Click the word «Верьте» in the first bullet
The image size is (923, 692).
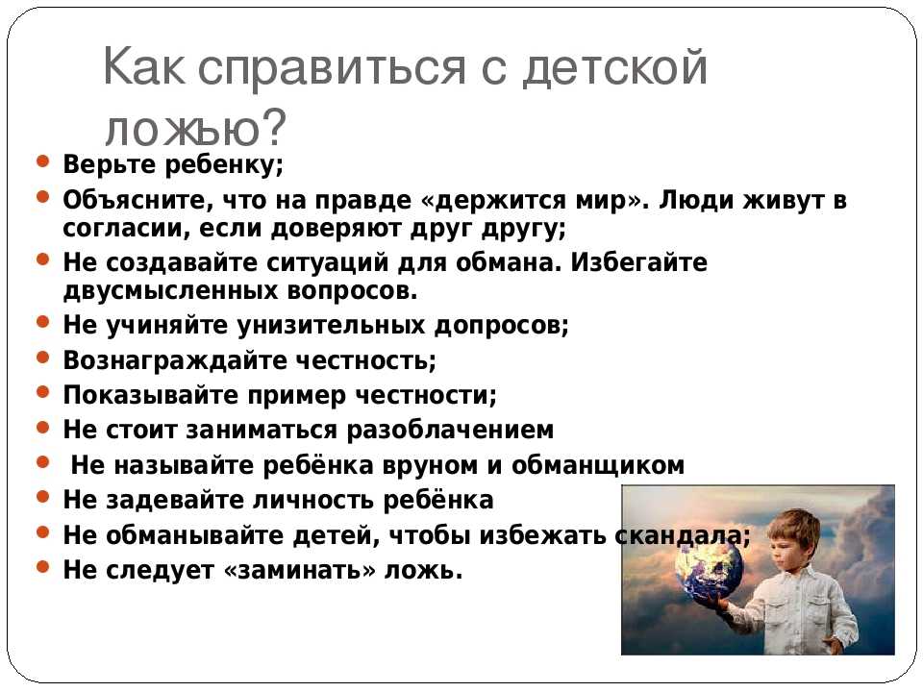coord(109,164)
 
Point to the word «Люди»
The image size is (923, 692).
coord(695,200)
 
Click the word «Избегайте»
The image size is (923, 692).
coord(638,261)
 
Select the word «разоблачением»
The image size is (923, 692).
coord(450,431)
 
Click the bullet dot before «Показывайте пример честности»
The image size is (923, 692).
coord(42,392)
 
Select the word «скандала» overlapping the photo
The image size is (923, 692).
coord(680,535)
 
